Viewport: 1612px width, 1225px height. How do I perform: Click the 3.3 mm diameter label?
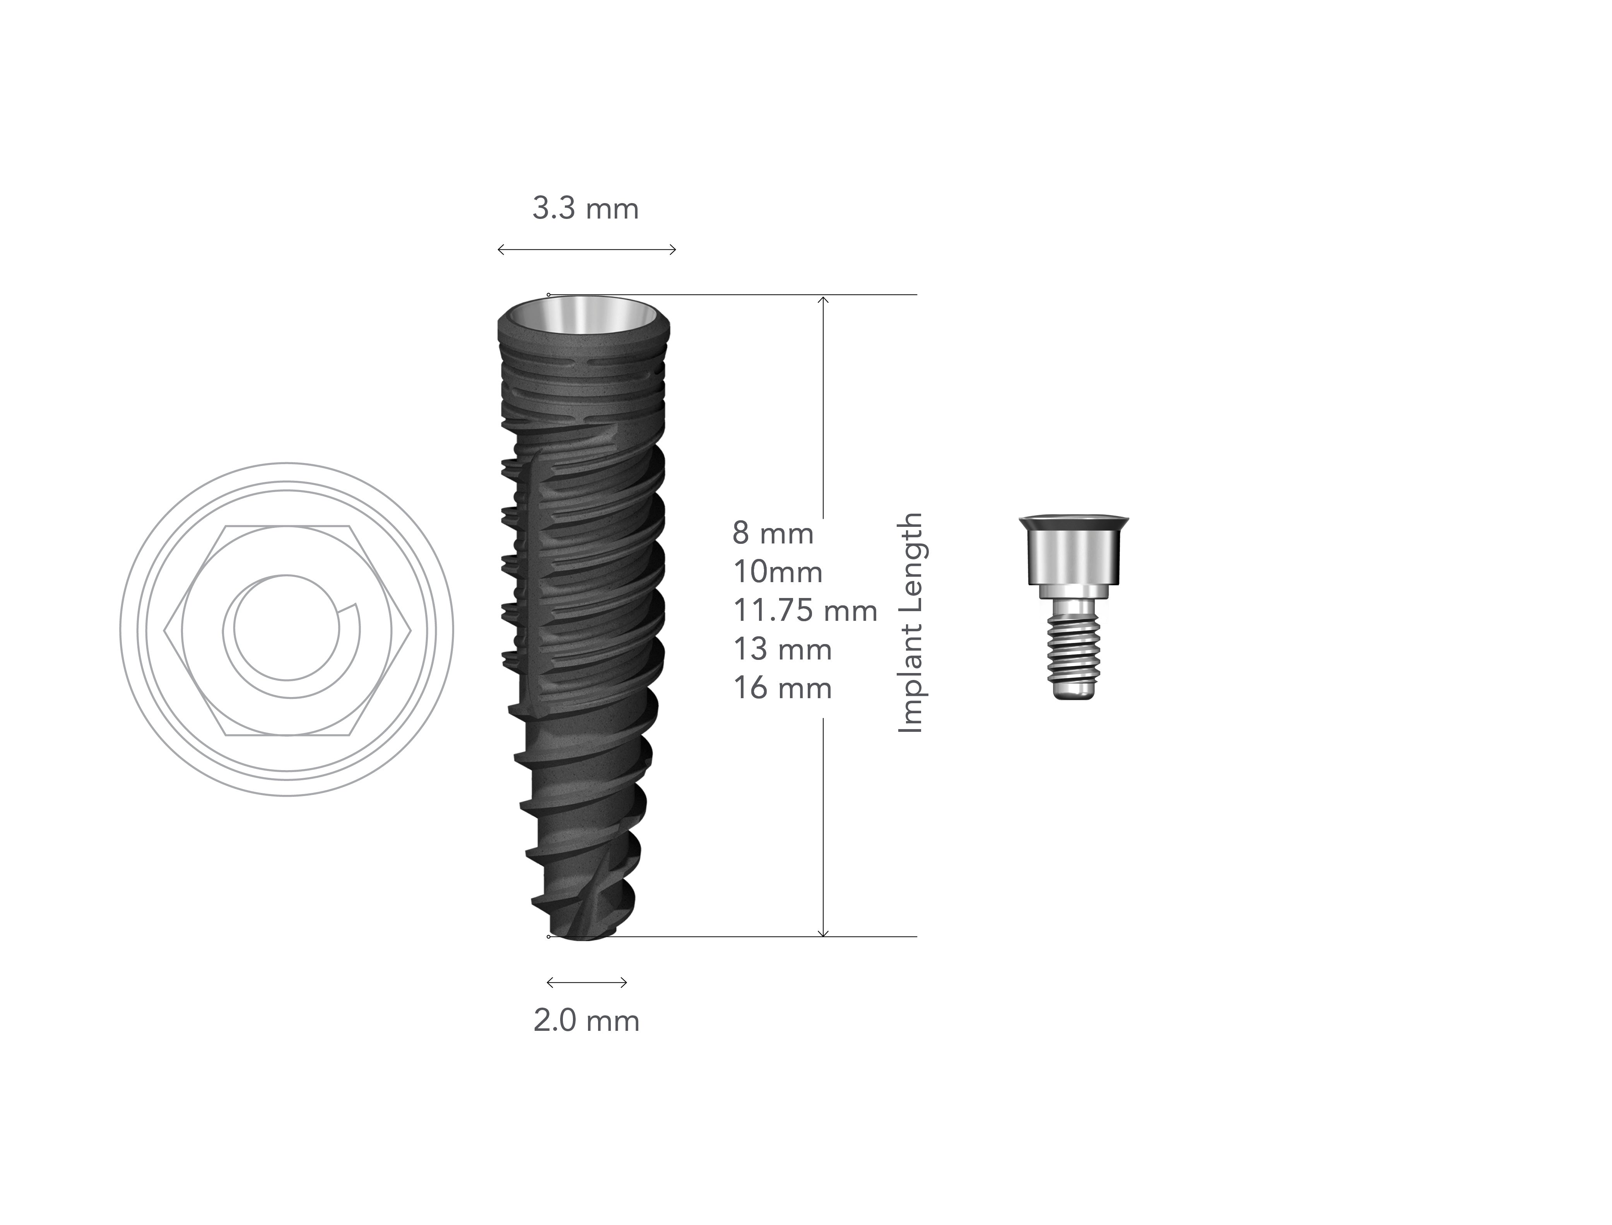pyautogui.click(x=585, y=209)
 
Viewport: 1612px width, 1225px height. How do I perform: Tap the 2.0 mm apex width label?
pyautogui.click(x=586, y=1021)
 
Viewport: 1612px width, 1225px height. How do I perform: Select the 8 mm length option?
pyautogui.click(x=773, y=534)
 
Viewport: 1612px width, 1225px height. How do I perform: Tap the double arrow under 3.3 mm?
pyautogui.click(x=587, y=249)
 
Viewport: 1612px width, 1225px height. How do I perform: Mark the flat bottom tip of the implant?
pyautogui.click(x=583, y=935)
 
